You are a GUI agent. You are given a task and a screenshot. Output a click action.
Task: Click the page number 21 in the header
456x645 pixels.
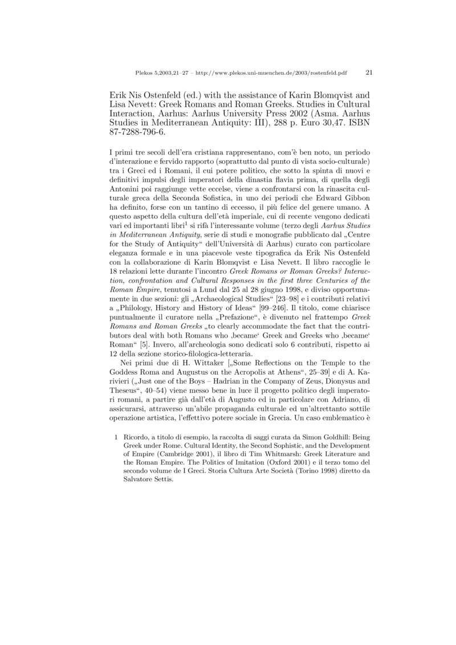pyautogui.click(x=368, y=73)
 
